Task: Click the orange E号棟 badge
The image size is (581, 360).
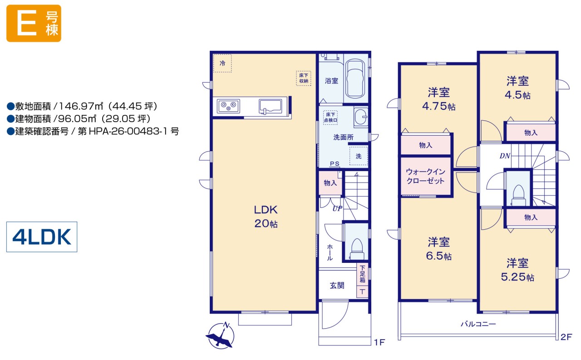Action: [34, 23]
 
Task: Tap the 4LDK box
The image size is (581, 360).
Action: [42, 237]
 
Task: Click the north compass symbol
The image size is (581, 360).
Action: [221, 335]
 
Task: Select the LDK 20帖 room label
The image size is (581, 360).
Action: [266, 217]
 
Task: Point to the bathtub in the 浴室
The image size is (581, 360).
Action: [355, 79]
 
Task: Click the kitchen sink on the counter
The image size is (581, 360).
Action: [270, 106]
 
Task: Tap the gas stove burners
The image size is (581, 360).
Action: [228, 106]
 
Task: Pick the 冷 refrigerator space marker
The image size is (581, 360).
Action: [222, 63]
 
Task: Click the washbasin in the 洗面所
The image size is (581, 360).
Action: [361, 117]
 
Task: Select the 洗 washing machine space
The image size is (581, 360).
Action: [359, 156]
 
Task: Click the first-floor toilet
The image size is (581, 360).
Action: [357, 249]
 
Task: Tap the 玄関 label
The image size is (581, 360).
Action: [337, 286]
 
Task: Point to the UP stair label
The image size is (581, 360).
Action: [337, 208]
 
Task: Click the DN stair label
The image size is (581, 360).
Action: [505, 156]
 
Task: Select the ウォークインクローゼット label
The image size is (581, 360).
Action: [425, 176]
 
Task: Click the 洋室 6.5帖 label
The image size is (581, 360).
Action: [438, 249]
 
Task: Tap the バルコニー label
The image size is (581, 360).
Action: [478, 324]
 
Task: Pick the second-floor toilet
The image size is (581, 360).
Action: [518, 195]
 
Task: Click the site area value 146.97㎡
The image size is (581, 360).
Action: [81, 106]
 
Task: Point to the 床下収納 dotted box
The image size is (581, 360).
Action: [304, 78]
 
